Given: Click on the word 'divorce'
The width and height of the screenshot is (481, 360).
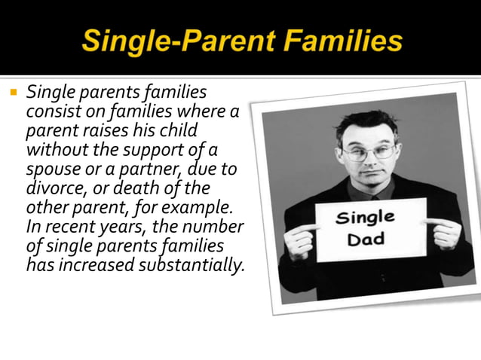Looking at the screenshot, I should pos(53,186).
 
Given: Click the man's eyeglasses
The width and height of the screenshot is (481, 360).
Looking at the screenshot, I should pos(367,153).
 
